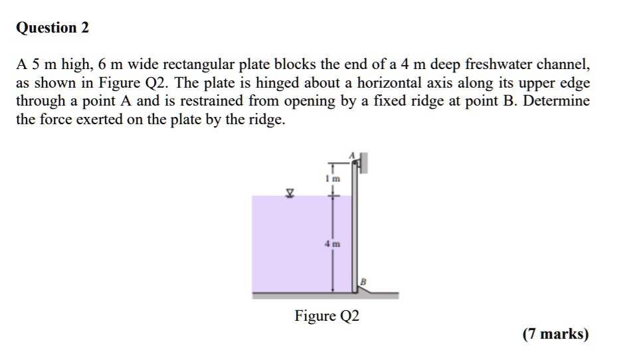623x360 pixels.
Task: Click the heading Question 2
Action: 52,28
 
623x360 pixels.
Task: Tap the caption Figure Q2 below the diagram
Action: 327,316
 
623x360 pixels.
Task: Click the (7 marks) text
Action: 555,334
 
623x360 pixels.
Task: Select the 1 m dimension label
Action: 333,179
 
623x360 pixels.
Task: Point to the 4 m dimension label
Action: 333,244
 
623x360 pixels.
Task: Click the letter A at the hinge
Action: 351,155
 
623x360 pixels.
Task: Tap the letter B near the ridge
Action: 363,282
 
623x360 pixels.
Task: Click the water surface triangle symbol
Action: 290,193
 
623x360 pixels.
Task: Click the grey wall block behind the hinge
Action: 363,163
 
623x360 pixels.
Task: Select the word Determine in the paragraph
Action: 557,100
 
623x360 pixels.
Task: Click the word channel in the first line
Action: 563,64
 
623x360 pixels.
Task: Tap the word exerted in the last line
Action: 100,119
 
